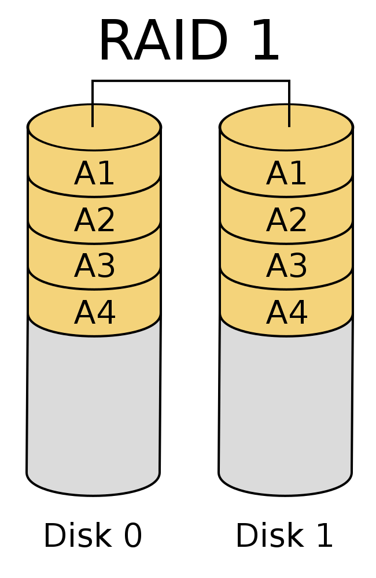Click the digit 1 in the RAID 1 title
click(267, 40)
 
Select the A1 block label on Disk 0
click(94, 173)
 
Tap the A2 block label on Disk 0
click(94, 220)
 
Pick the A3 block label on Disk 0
click(94, 266)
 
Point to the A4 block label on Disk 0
click(94, 312)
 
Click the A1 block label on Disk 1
click(286, 173)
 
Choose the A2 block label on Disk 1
click(286, 220)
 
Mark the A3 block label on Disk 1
click(286, 266)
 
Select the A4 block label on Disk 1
click(286, 312)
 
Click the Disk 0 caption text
click(93, 535)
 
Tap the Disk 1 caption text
click(284, 535)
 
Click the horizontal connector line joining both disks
click(191, 80)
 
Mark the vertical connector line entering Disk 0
click(93, 103)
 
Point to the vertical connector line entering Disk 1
click(289, 103)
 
